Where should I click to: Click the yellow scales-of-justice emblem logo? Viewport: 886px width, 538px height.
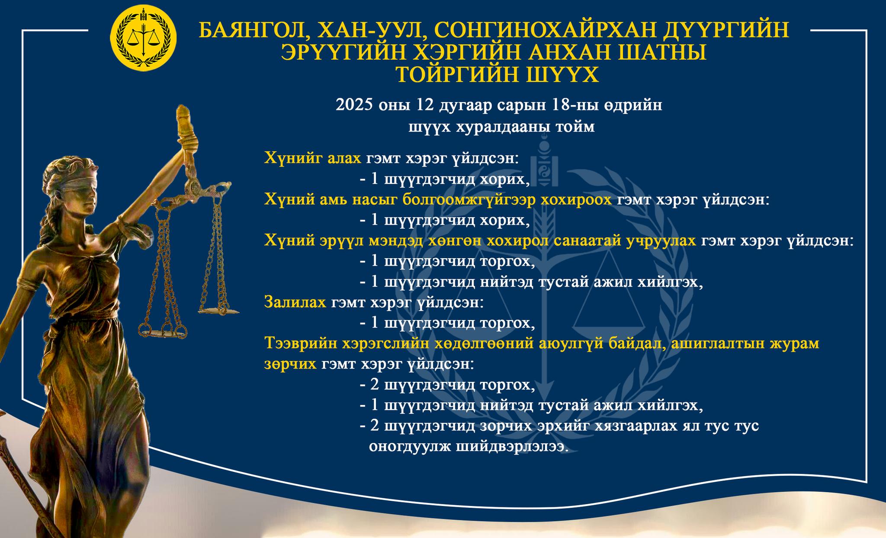(144, 38)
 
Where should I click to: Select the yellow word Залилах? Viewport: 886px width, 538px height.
(295, 302)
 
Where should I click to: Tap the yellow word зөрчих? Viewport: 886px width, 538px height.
(290, 364)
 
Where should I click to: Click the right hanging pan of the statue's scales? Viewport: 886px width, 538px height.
(218, 310)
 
